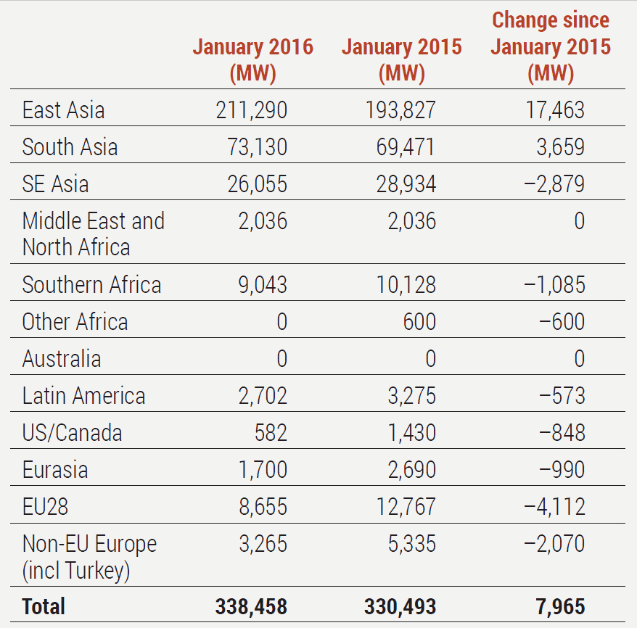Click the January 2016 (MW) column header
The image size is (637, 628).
[252, 59]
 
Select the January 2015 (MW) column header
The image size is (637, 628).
[401, 59]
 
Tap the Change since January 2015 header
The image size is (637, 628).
[550, 46]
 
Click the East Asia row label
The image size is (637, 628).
[63, 110]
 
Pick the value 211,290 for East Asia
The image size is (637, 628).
[251, 110]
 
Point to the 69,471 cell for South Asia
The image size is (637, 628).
[401, 147]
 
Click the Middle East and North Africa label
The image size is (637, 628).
[93, 234]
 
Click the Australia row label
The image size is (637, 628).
[62, 359]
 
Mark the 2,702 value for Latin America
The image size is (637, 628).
[262, 396]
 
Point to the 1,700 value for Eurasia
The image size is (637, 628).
[262, 470]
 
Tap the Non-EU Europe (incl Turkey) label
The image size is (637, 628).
[89, 557]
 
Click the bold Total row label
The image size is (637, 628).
[44, 606]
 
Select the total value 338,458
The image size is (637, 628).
[251, 607]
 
